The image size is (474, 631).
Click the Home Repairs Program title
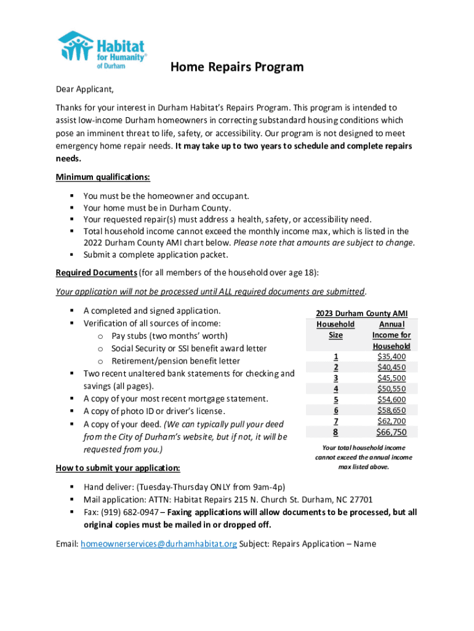237,67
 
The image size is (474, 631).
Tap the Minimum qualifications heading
103,177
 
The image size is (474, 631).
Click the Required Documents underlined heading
96,272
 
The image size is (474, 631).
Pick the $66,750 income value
391,432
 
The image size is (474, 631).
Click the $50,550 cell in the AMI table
391,389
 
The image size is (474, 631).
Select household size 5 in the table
335,400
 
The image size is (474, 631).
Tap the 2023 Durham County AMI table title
361,314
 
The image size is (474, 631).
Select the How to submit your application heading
118,468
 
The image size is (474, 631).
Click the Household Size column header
335,330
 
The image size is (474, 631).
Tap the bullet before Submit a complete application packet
72,254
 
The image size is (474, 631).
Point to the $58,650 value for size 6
391,410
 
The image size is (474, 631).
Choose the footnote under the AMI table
363,457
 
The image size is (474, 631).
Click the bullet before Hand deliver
72,487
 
